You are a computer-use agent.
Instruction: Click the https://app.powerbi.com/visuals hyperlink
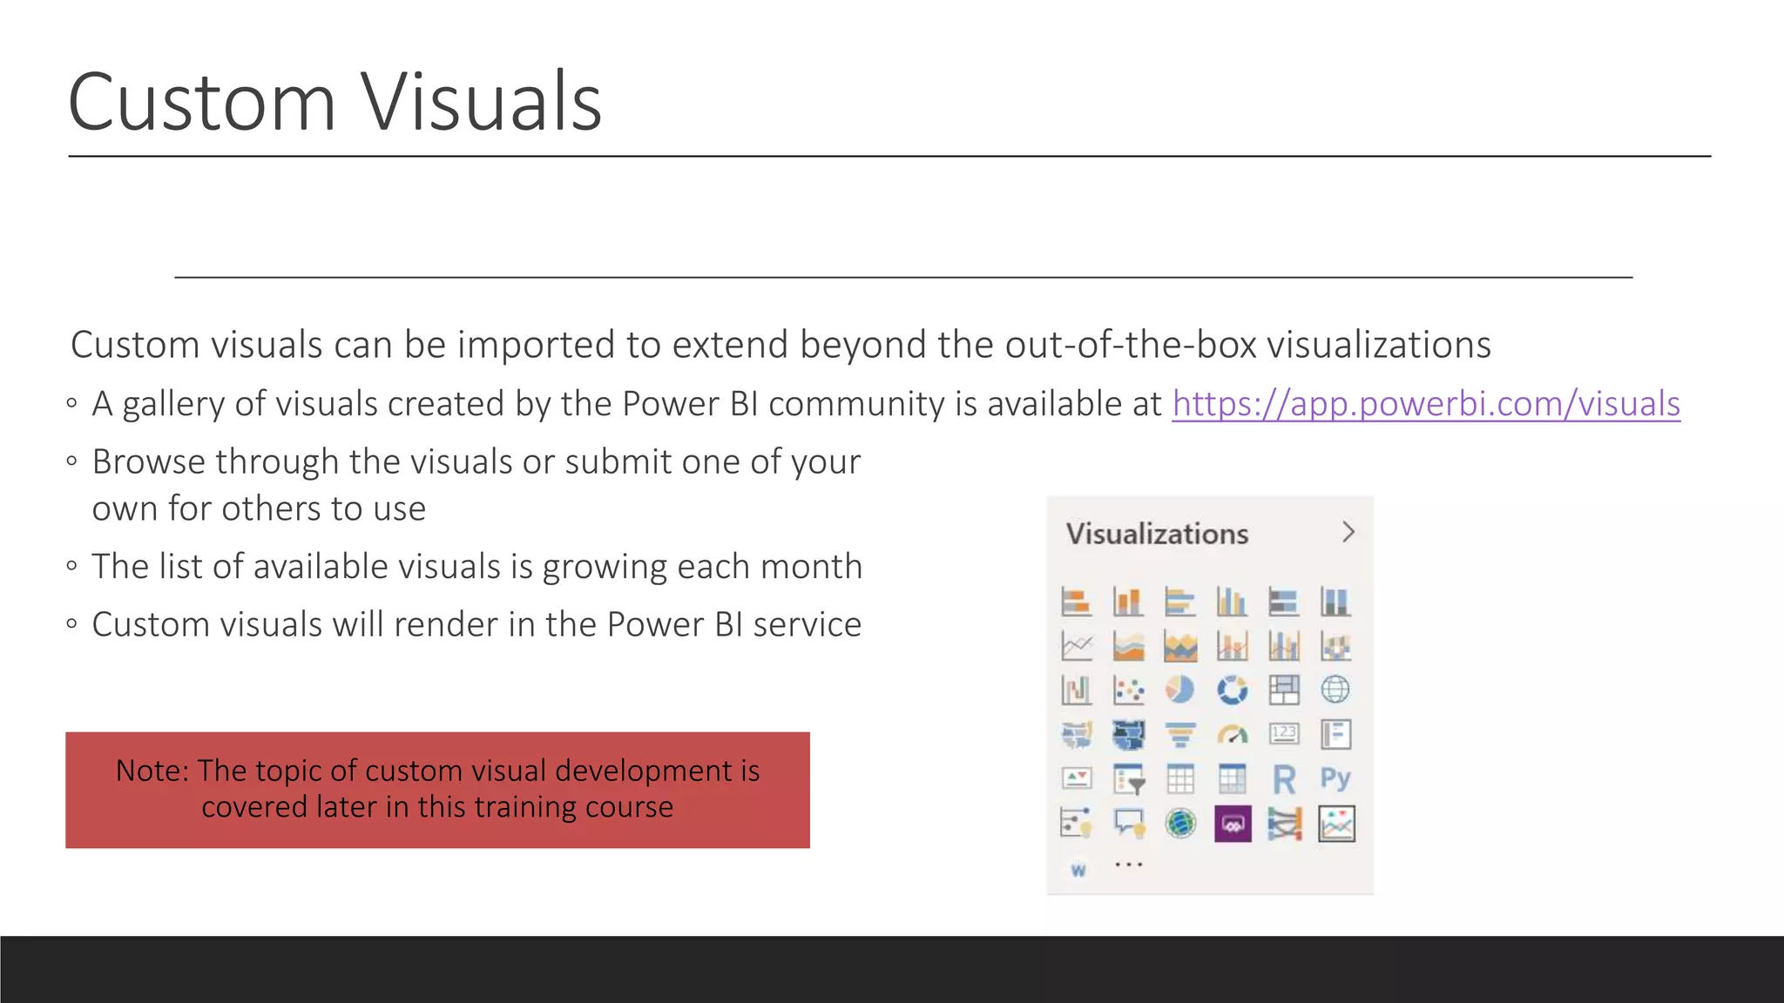pos(1426,404)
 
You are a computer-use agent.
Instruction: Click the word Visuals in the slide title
pos(481,103)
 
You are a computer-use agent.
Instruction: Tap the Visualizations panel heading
pos(1157,534)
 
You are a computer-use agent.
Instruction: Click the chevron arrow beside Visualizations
pos(1348,532)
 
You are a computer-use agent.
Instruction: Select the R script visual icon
pos(1284,779)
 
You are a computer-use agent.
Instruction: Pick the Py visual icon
pos(1335,778)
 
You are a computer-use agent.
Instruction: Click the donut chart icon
pos(1232,690)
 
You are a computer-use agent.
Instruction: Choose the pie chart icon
pos(1180,690)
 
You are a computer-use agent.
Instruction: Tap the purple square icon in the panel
pos(1233,824)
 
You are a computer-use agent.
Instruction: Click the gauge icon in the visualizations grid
pos(1232,735)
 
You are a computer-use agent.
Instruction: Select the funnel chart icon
pos(1180,735)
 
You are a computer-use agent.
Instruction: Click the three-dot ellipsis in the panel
pos(1129,865)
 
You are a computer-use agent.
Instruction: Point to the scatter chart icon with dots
pos(1129,690)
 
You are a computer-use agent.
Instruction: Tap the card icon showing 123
pos(1284,734)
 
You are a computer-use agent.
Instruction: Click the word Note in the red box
pos(152,771)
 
